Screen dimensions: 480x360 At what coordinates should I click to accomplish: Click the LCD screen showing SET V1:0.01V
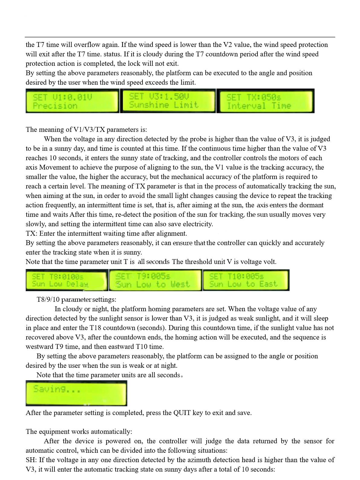(72, 101)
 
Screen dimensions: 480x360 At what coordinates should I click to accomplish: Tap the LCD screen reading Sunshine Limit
(168, 101)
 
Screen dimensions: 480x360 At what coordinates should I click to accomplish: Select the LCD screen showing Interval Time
(265, 101)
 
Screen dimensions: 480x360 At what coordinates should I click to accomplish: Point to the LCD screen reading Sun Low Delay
(67, 280)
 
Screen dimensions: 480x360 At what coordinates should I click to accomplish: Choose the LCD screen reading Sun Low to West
(155, 280)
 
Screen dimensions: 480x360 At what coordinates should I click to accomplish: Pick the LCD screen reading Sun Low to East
(246, 280)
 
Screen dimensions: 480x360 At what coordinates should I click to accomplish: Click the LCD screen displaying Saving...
(76, 393)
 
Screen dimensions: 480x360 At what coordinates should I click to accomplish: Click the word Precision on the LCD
(55, 106)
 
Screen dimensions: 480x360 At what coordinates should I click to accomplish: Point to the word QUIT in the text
(182, 413)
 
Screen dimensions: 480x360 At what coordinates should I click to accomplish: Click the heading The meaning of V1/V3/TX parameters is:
(86, 130)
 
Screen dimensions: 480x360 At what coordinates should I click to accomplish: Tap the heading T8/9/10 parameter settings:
(76, 300)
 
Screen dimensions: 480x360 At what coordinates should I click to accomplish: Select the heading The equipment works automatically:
(79, 432)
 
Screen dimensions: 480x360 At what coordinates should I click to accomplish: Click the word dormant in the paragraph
(312, 205)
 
